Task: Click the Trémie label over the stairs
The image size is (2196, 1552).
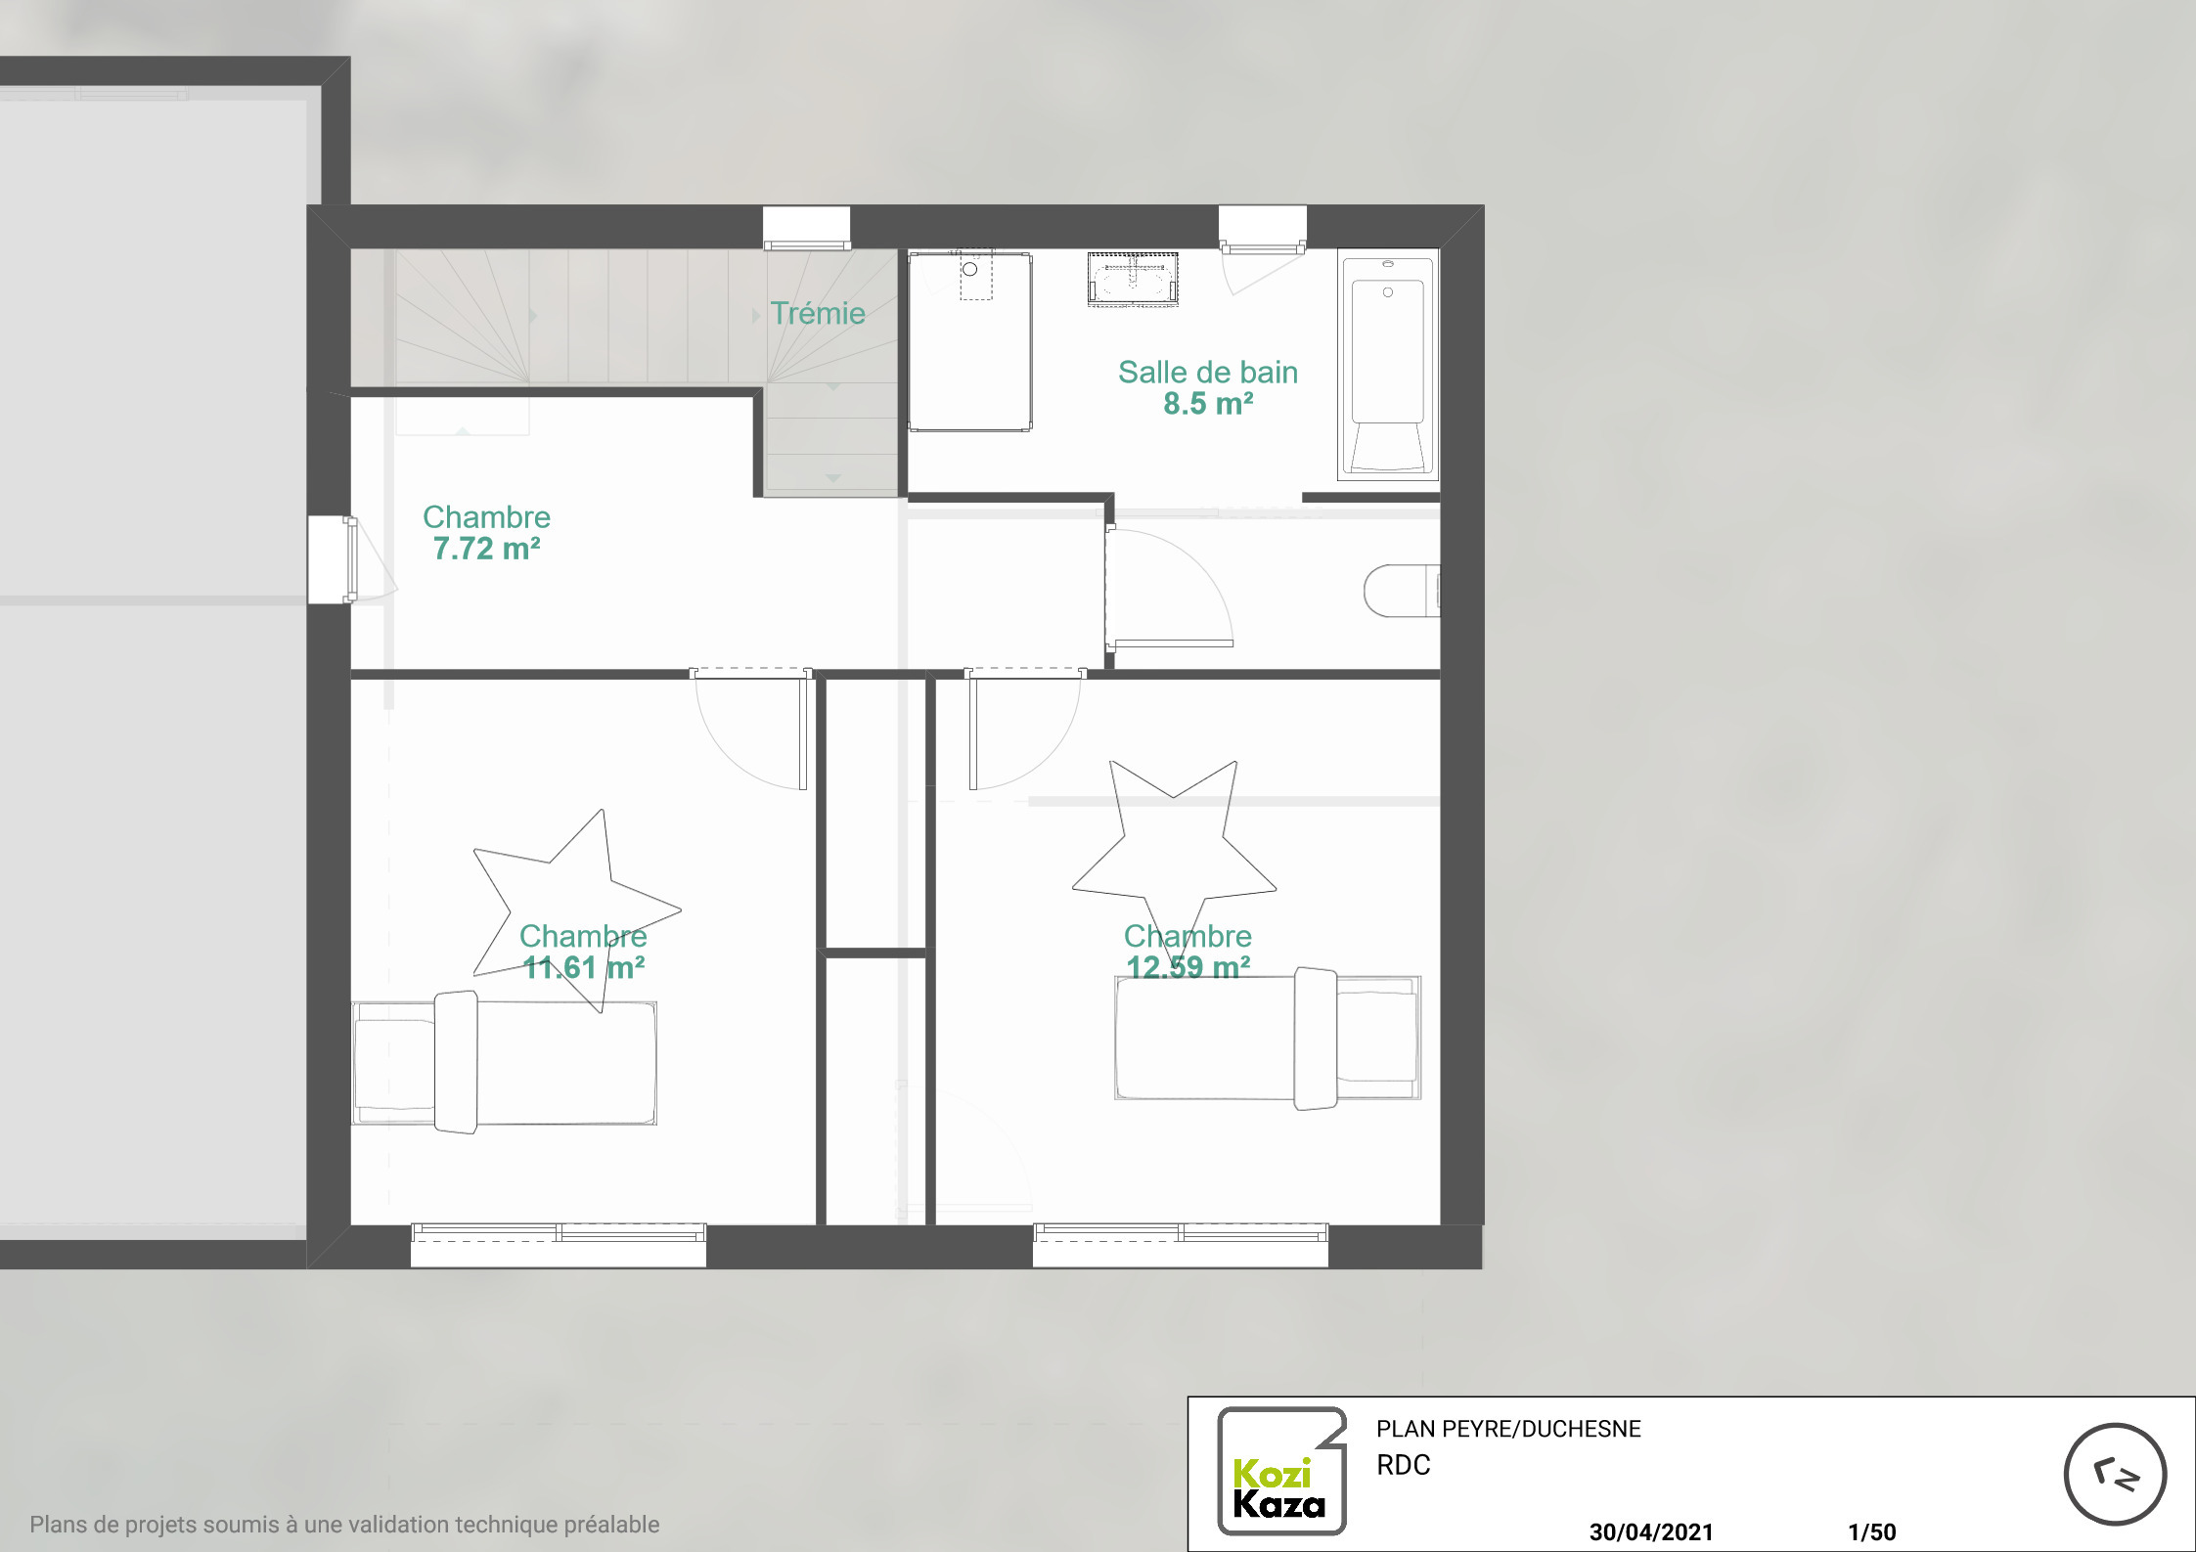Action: point(818,313)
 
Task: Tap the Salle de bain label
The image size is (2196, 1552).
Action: point(1208,372)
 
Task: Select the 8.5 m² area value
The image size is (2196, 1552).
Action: point(1208,403)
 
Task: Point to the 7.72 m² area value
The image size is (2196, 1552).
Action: point(486,549)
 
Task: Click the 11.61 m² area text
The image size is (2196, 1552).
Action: point(584,967)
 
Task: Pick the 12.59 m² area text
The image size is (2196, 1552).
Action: point(1188,967)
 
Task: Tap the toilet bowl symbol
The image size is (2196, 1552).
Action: point(1402,591)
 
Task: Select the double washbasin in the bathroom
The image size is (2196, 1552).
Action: point(1133,279)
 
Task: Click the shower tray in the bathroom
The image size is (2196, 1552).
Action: point(970,341)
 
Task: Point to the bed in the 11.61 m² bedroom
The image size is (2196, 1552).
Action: point(504,1062)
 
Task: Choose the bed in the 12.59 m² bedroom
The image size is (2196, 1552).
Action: point(1268,1039)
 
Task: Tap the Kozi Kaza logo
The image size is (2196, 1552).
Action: point(1281,1471)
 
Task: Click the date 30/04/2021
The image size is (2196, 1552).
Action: point(1651,1531)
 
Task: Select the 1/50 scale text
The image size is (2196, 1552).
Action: point(1872,1531)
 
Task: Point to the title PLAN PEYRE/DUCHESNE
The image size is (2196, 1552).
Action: point(1508,1429)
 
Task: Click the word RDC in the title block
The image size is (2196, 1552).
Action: point(1404,1465)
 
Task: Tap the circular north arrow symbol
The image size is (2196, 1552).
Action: point(2115,1475)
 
